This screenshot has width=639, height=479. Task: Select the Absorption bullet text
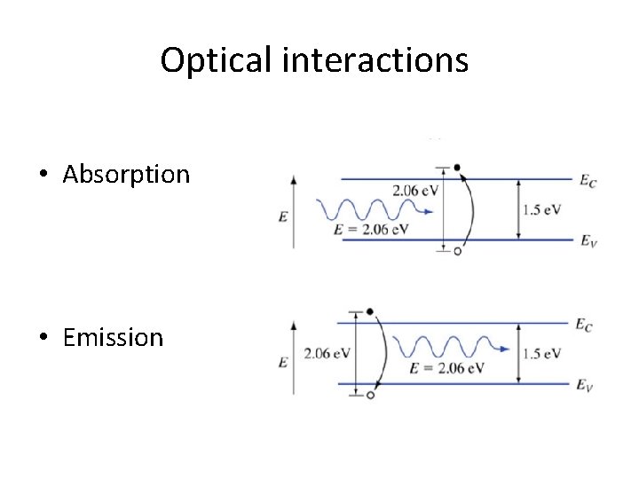(126, 174)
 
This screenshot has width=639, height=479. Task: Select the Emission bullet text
(114, 337)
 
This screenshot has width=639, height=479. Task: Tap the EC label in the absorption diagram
(588, 181)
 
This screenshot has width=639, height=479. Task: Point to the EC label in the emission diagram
(584, 326)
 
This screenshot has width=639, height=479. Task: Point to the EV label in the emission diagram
(584, 385)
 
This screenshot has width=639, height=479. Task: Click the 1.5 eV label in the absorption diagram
(542, 209)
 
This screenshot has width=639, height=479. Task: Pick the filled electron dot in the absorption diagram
(457, 167)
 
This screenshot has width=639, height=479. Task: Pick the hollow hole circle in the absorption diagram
(457, 252)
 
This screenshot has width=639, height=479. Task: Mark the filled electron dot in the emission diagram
(370, 312)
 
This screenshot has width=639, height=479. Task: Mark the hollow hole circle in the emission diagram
(370, 396)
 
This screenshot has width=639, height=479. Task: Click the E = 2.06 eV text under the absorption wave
(372, 229)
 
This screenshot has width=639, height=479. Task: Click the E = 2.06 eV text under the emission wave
(446, 368)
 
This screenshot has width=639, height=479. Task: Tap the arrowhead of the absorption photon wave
(430, 211)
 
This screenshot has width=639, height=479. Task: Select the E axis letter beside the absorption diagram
(282, 216)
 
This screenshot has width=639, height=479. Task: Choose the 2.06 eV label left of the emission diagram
(327, 354)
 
